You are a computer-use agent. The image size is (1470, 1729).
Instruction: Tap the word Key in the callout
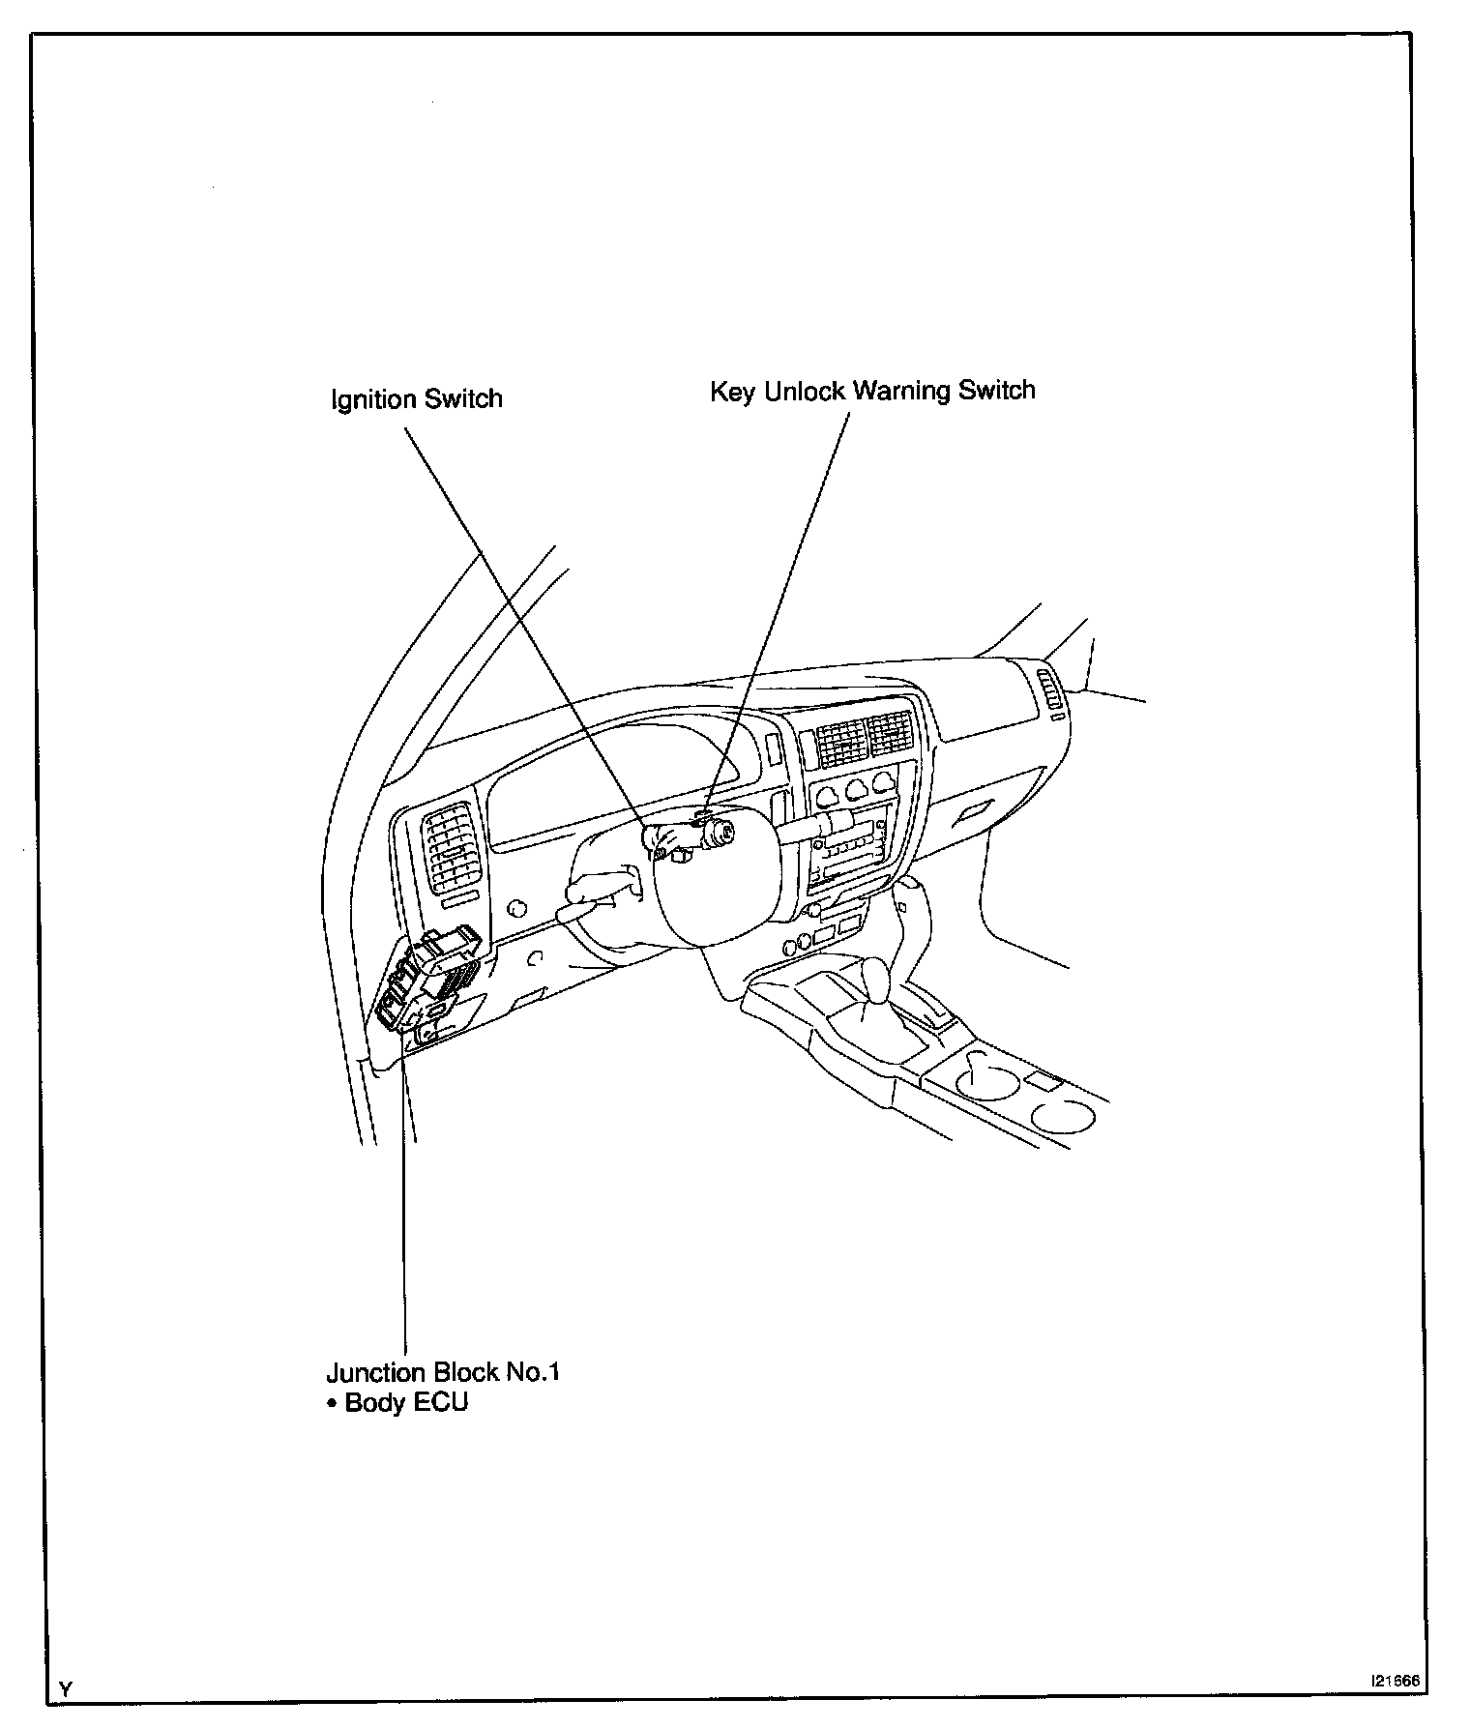coord(732,393)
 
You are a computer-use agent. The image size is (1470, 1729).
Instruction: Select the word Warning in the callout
coord(905,391)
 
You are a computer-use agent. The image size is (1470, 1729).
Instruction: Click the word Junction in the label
coord(375,1373)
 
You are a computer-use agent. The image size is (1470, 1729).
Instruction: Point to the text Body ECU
coord(405,1402)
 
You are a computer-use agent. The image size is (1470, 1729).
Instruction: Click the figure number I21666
coord(1393,1682)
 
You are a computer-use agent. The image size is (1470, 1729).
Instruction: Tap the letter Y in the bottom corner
coord(65,1689)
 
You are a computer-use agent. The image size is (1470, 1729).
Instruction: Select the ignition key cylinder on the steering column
coord(718,831)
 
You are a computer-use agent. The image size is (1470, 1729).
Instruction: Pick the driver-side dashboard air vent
coord(451,847)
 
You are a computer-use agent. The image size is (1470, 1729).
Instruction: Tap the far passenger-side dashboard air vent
coord(1049,693)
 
